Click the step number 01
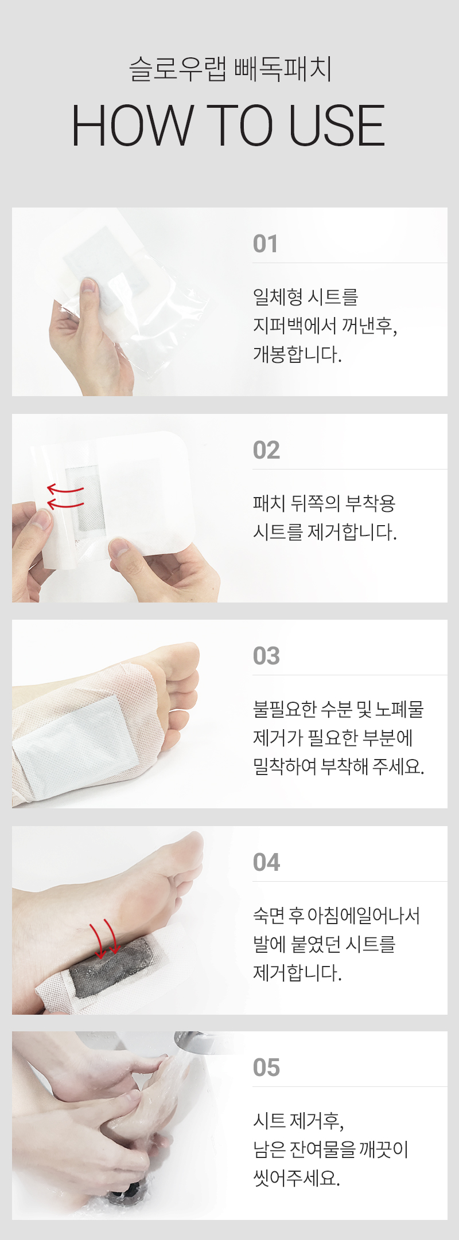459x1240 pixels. point(265,244)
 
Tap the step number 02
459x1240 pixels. point(266,450)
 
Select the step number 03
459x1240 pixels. point(266,656)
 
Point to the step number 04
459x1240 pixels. point(266,862)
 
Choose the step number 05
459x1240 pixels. point(266,1067)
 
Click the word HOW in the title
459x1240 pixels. point(133,126)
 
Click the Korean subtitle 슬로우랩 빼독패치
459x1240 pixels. point(230,69)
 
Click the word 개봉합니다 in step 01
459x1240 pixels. point(297,354)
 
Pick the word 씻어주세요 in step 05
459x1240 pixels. point(297,1178)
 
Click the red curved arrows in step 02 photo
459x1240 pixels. point(65,496)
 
